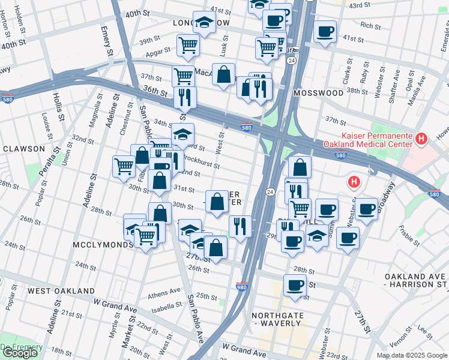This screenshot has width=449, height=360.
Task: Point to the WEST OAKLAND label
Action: tap(61, 291)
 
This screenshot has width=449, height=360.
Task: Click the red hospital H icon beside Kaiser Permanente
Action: tap(421, 139)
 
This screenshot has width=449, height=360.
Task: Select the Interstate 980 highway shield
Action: tap(242, 287)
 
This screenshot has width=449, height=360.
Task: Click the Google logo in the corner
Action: tap(20, 353)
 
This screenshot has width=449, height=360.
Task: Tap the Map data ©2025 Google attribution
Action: tap(411, 355)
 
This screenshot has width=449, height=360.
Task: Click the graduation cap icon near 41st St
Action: tap(204, 23)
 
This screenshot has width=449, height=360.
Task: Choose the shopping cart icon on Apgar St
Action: tap(188, 44)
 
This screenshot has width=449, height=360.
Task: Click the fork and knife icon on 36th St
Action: tap(185, 96)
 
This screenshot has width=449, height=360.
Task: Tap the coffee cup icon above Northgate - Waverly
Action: tap(294, 285)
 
